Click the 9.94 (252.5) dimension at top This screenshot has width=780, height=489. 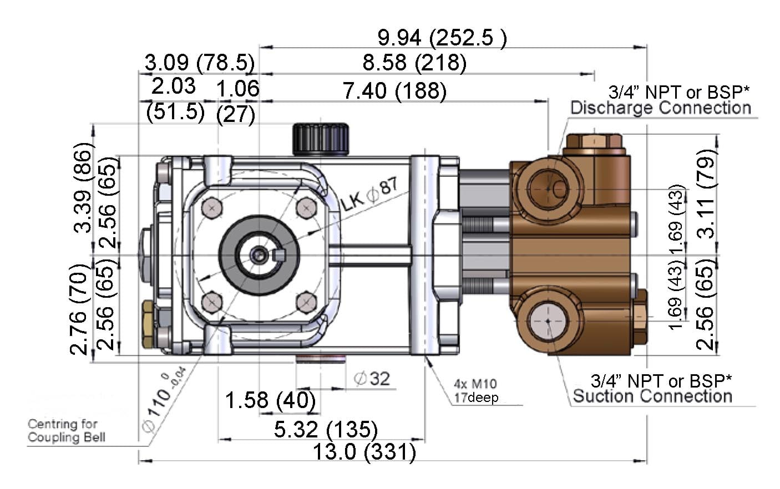[x=442, y=38]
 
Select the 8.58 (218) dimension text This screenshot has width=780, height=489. [x=414, y=63]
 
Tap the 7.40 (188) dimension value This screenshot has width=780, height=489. [x=394, y=91]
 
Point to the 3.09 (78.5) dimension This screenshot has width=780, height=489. [x=199, y=63]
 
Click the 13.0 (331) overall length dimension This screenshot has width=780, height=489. [x=364, y=452]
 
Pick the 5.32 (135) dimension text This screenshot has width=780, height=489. [x=326, y=429]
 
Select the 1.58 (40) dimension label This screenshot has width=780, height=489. [x=270, y=400]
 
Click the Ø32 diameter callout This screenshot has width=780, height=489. [x=372, y=379]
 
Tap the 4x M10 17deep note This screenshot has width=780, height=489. [x=475, y=390]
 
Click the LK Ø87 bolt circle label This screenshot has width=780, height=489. [x=369, y=195]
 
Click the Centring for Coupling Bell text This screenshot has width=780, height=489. [x=65, y=431]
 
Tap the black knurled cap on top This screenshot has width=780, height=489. [x=321, y=139]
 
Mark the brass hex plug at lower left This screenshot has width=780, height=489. [x=149, y=325]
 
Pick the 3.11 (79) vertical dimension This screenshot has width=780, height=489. [x=706, y=194]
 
